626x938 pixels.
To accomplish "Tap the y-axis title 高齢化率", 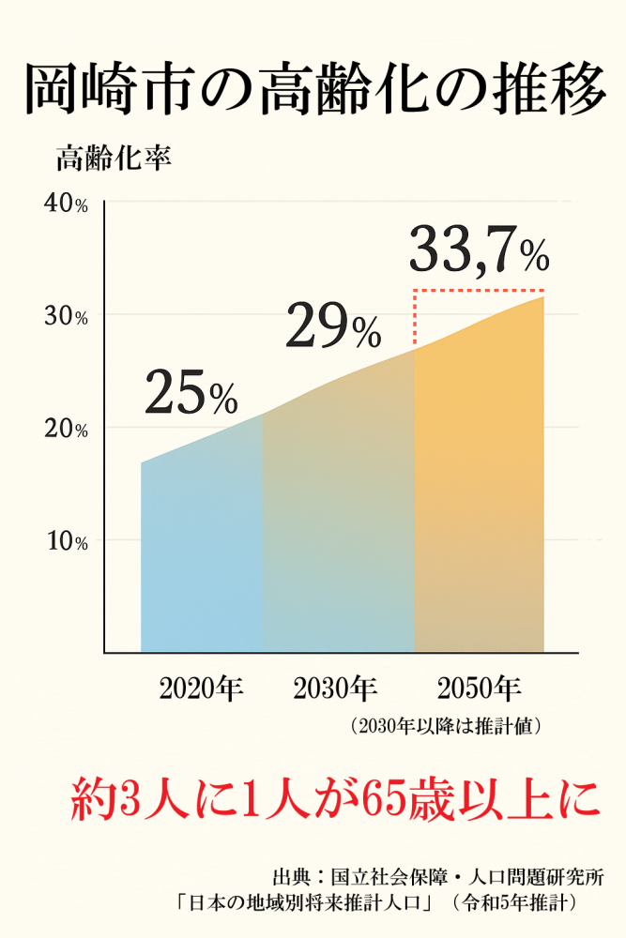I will click(113, 159).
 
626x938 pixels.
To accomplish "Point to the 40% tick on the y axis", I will click(66, 204).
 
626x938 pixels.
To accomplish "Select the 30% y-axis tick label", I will click(66, 316).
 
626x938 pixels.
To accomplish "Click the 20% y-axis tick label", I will click(66, 429).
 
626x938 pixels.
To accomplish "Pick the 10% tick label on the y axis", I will click(66, 541).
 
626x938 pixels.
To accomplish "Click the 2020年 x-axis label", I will click(201, 689).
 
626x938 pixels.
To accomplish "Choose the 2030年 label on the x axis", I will click(335, 689).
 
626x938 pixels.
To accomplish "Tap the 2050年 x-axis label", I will click(479, 689).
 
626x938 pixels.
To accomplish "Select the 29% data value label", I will click(332, 325).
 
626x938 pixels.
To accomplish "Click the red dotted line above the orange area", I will click(480, 291).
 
